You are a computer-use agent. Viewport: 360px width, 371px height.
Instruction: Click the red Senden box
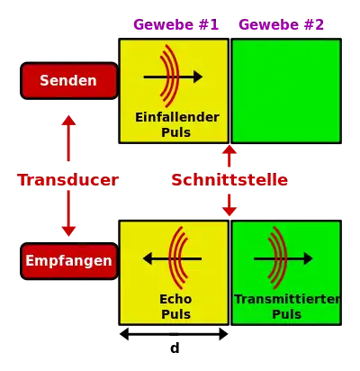tap(69, 81)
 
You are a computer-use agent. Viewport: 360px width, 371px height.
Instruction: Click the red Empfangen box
tap(69, 261)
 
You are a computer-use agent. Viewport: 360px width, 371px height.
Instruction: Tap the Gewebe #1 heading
tap(176, 24)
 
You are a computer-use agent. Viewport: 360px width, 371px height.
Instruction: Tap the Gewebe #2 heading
tap(282, 24)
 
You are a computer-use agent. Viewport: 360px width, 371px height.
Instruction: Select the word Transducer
tap(67, 180)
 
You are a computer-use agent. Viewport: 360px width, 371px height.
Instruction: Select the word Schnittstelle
tap(229, 180)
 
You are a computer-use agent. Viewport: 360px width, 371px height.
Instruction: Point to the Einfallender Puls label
tap(177, 124)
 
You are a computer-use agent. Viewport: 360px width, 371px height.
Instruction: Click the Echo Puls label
tap(175, 307)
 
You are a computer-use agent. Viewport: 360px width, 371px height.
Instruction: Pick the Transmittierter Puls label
tap(287, 307)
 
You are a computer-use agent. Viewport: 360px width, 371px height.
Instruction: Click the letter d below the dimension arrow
tap(175, 348)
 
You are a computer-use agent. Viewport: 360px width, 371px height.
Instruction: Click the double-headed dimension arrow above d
tap(174, 334)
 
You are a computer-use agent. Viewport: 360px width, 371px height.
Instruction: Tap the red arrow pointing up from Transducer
tap(68, 138)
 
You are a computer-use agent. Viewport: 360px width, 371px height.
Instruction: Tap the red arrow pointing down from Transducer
tap(68, 213)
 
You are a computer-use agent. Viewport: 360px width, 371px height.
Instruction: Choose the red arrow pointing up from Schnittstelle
tap(229, 156)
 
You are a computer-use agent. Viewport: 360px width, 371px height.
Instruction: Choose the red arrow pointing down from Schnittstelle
tap(229, 205)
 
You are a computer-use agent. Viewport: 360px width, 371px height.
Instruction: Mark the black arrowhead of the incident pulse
tap(198, 77)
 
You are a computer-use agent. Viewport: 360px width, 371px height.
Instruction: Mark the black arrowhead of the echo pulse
tap(148, 258)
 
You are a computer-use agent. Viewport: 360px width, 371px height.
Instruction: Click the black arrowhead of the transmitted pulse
tap(309, 258)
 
